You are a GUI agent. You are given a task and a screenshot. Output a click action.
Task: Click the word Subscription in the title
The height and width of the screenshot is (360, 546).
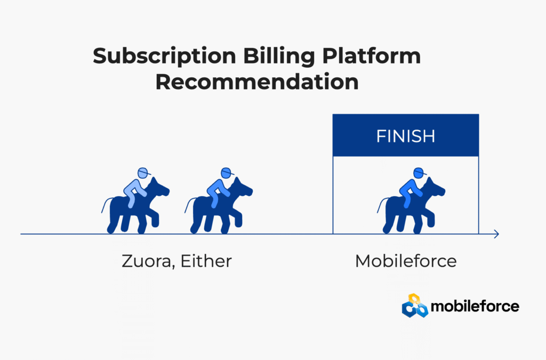point(164,57)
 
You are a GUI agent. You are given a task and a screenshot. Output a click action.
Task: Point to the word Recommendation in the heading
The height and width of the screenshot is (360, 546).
point(257,82)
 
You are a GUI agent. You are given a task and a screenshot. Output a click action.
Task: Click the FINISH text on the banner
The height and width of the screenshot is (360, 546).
point(406,136)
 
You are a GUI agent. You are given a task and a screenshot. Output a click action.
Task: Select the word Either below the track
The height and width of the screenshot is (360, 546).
point(206,261)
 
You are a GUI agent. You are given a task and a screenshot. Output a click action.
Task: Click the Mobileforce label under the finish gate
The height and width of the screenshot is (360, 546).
point(406,261)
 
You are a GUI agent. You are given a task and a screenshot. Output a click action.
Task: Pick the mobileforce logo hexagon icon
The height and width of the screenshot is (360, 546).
point(415,306)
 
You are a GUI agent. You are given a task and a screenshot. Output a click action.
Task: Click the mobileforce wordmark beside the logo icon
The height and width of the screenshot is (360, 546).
point(475,306)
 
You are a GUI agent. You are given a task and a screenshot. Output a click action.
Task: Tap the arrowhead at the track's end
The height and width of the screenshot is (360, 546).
point(497,234)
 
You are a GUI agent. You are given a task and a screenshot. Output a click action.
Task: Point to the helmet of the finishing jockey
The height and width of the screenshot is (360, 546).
point(420,173)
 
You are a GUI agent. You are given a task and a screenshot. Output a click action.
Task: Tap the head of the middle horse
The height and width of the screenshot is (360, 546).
point(243,188)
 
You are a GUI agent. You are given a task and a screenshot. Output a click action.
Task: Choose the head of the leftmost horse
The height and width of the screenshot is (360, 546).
point(160,188)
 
